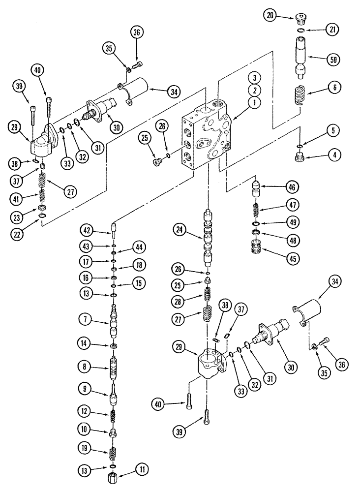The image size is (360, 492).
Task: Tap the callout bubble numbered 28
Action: pos(179,300)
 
